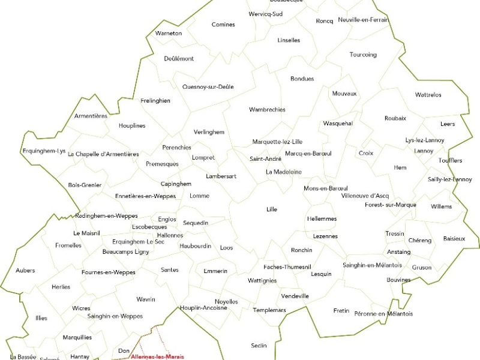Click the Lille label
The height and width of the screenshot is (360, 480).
coord(272,209)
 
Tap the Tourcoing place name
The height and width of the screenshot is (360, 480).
coord(363,55)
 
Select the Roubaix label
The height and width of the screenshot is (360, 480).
coord(395,118)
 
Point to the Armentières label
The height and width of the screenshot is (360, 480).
coord(91,116)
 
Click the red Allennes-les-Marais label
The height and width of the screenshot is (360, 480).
coord(157,357)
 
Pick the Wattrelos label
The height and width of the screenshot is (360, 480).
coord(428,95)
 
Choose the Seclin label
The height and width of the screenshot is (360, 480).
coord(259,346)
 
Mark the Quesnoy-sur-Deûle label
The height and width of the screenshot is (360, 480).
coord(208,87)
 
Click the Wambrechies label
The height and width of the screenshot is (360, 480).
coord(267,110)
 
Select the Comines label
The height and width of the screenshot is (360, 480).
coord(223,25)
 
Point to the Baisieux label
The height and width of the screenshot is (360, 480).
coord(454,239)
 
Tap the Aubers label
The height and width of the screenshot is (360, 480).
coord(25,271)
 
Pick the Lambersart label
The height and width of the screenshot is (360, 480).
coord(221,176)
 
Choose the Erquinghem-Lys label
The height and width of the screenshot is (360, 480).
coord(44,151)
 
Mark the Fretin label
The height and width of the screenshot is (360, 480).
coord(341,311)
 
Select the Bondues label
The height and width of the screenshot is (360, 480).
coord(302,79)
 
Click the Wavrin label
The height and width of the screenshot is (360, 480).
coord(146,299)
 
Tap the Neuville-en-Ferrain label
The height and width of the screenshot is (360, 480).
coord(364,20)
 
